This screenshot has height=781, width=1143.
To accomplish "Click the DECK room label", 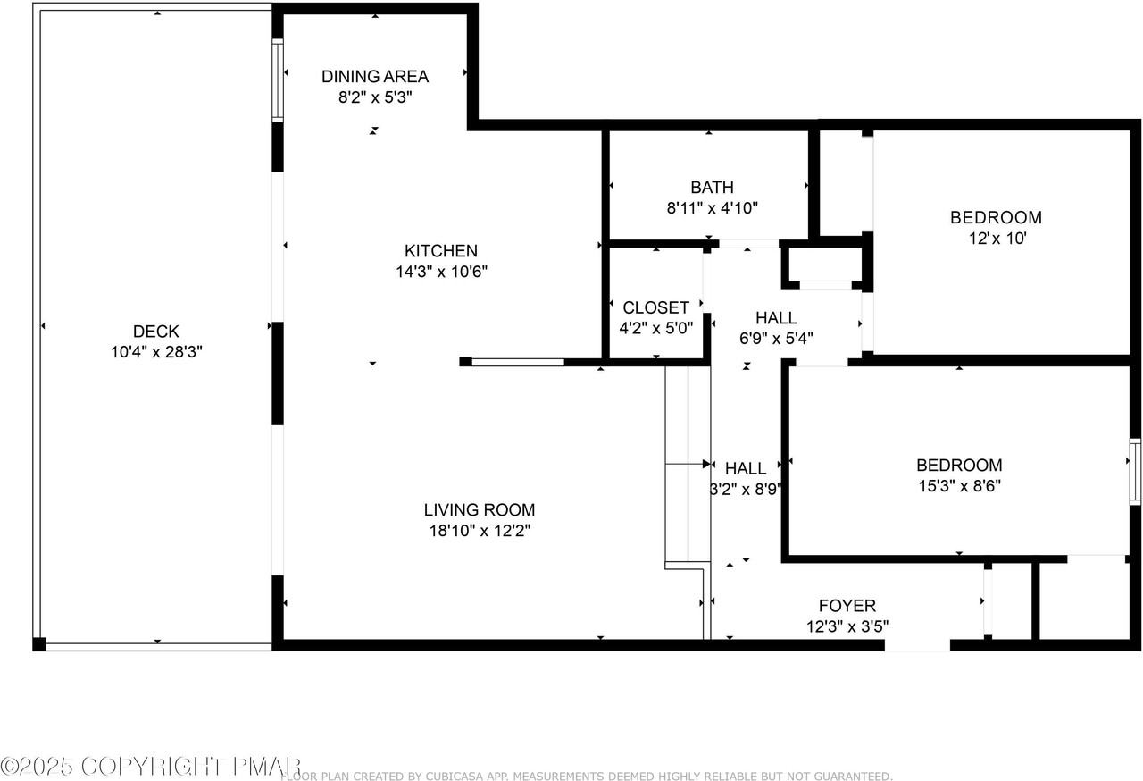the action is click(x=156, y=332).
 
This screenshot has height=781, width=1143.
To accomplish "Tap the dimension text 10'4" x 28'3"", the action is click(x=156, y=352).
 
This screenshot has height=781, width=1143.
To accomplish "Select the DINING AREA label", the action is click(x=375, y=77).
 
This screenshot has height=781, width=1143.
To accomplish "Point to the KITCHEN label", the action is click(x=441, y=250).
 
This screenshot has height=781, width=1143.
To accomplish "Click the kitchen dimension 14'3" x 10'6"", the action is click(x=442, y=271).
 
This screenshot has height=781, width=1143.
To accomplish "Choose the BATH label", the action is click(x=713, y=188).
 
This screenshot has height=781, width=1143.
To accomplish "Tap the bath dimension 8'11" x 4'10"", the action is click(x=713, y=207).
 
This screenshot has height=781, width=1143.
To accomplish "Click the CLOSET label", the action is click(x=656, y=307).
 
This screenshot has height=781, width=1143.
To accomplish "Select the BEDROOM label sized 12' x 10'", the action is click(x=996, y=217).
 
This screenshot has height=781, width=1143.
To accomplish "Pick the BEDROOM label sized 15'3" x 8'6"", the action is click(x=959, y=465).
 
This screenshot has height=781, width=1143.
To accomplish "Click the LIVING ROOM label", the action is click(x=480, y=510).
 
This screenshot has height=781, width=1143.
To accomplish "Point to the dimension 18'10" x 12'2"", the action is click(x=480, y=531).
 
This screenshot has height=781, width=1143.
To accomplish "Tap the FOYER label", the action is click(x=847, y=606).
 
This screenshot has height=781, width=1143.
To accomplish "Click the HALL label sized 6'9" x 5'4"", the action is click(x=776, y=318).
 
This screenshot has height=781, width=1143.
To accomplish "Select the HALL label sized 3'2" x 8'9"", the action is click(x=746, y=468).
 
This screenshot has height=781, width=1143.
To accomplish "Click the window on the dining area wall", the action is click(x=278, y=80).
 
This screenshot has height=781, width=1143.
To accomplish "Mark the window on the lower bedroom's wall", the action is click(x=1135, y=472).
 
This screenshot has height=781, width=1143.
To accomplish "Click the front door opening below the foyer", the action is click(x=917, y=645).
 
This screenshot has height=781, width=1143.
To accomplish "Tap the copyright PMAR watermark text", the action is click(x=151, y=766).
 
